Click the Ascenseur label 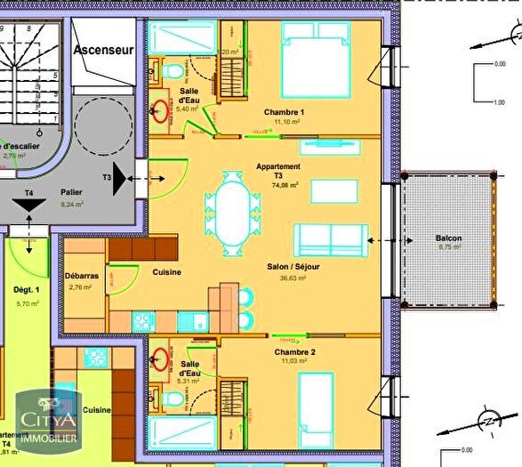coord(104,50)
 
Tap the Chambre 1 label coord(285,111)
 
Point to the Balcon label coord(448,238)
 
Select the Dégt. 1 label coord(27,291)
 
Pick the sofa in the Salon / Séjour coord(331,238)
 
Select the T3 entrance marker coord(108,178)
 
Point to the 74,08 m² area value coord(285,186)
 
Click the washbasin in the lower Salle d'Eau coord(161,360)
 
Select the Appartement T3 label coord(277,171)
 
